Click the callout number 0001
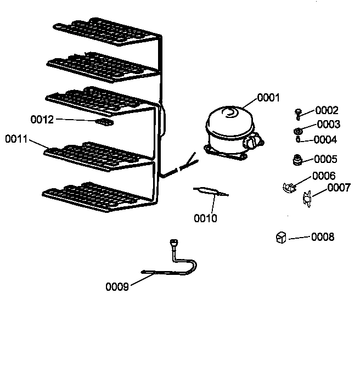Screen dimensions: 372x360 coord(268,98)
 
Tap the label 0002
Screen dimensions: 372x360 coord(327,110)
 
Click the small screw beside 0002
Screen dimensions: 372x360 coord(298,112)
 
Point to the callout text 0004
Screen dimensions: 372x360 coord(325,140)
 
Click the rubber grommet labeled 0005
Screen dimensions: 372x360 coord(298,160)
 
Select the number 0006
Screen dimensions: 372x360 coord(324,176)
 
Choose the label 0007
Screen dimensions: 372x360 coord(339,188)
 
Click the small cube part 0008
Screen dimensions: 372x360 coord(280,237)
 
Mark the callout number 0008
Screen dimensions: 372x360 coord(323,238)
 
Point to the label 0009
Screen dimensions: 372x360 coord(117,286)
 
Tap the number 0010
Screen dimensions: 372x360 coord(205,219)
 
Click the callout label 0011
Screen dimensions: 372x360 coord(17,139)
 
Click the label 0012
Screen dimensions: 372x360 coord(42,119)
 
